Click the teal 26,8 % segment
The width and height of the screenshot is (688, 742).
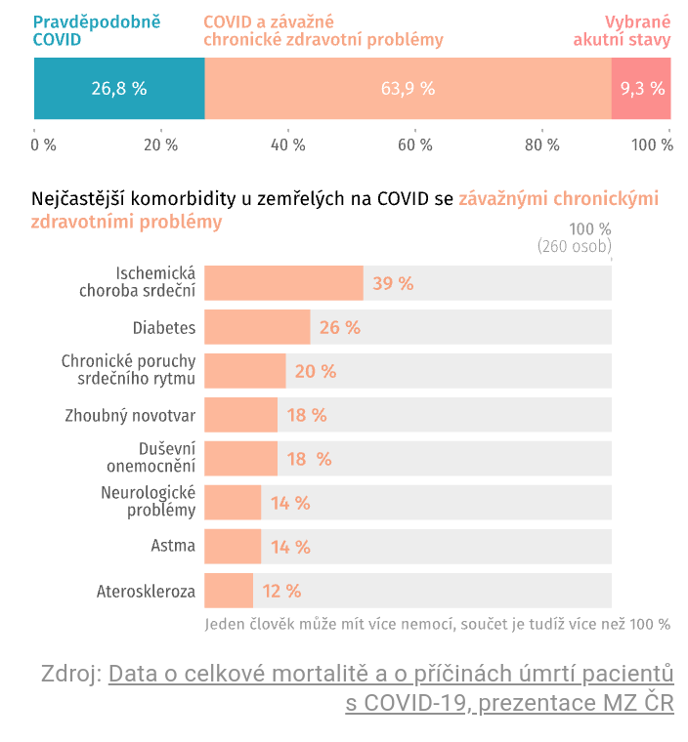pos(119,88)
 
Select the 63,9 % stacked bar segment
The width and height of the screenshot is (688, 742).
pos(408,88)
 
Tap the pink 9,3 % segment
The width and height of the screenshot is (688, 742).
pos(641,88)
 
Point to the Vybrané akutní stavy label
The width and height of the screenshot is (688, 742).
pos(622,30)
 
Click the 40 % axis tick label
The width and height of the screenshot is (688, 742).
pos(287,145)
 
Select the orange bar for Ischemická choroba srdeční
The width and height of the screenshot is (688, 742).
pos(283,283)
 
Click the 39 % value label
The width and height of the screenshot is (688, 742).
pos(393,284)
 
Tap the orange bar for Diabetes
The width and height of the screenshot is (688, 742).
pos(257,328)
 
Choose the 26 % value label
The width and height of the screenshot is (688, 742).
pos(340,328)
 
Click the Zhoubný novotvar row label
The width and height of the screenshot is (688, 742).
pos(130,416)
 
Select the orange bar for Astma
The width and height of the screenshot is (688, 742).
pos(233,547)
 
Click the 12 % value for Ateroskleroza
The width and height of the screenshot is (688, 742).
pos(281,591)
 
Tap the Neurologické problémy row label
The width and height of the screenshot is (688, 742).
pos(148,502)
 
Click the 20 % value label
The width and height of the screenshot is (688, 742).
pos(315,372)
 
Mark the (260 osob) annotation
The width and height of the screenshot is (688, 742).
pos(574,247)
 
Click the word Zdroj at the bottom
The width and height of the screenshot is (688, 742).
pos(70,674)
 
